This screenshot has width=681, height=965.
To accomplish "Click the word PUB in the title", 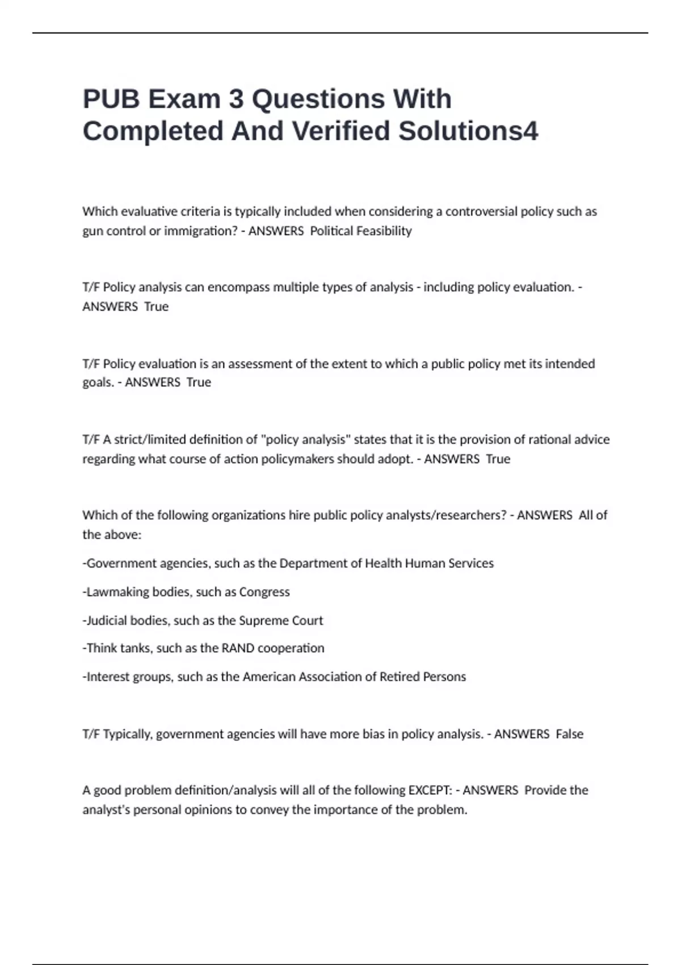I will click(x=111, y=99).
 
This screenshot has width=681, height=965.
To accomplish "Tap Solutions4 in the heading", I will click(x=468, y=131).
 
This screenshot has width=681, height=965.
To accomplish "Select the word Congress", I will click(x=264, y=592).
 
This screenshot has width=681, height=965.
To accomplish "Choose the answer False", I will click(x=569, y=734).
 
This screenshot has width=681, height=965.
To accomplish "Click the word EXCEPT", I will click(x=430, y=790).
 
